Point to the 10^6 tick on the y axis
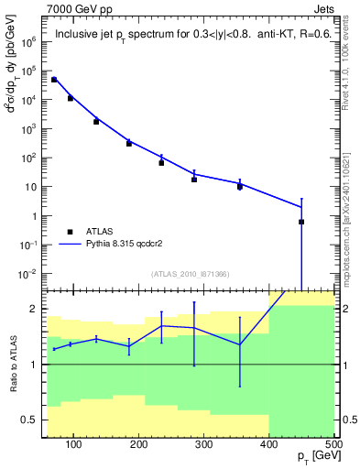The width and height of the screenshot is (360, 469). pos(30,41)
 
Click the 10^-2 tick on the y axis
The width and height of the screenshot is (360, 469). pos(30,274)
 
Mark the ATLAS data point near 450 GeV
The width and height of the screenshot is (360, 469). pos(301,222)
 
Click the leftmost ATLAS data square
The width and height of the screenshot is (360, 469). pos(54,80)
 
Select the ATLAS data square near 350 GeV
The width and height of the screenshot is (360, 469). pos(240,187)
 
